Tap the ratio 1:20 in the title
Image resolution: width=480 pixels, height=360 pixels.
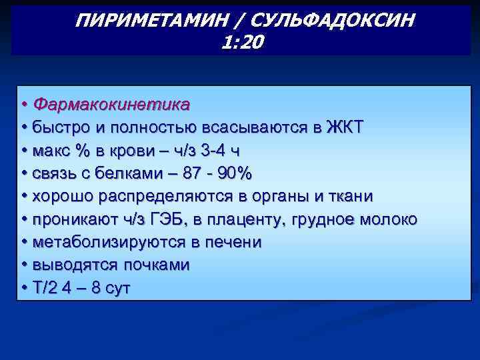(241, 43)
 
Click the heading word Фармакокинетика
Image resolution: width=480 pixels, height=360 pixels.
(111, 105)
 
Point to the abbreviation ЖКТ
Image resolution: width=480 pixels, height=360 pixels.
(345, 127)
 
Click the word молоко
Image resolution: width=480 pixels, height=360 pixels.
(387, 219)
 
